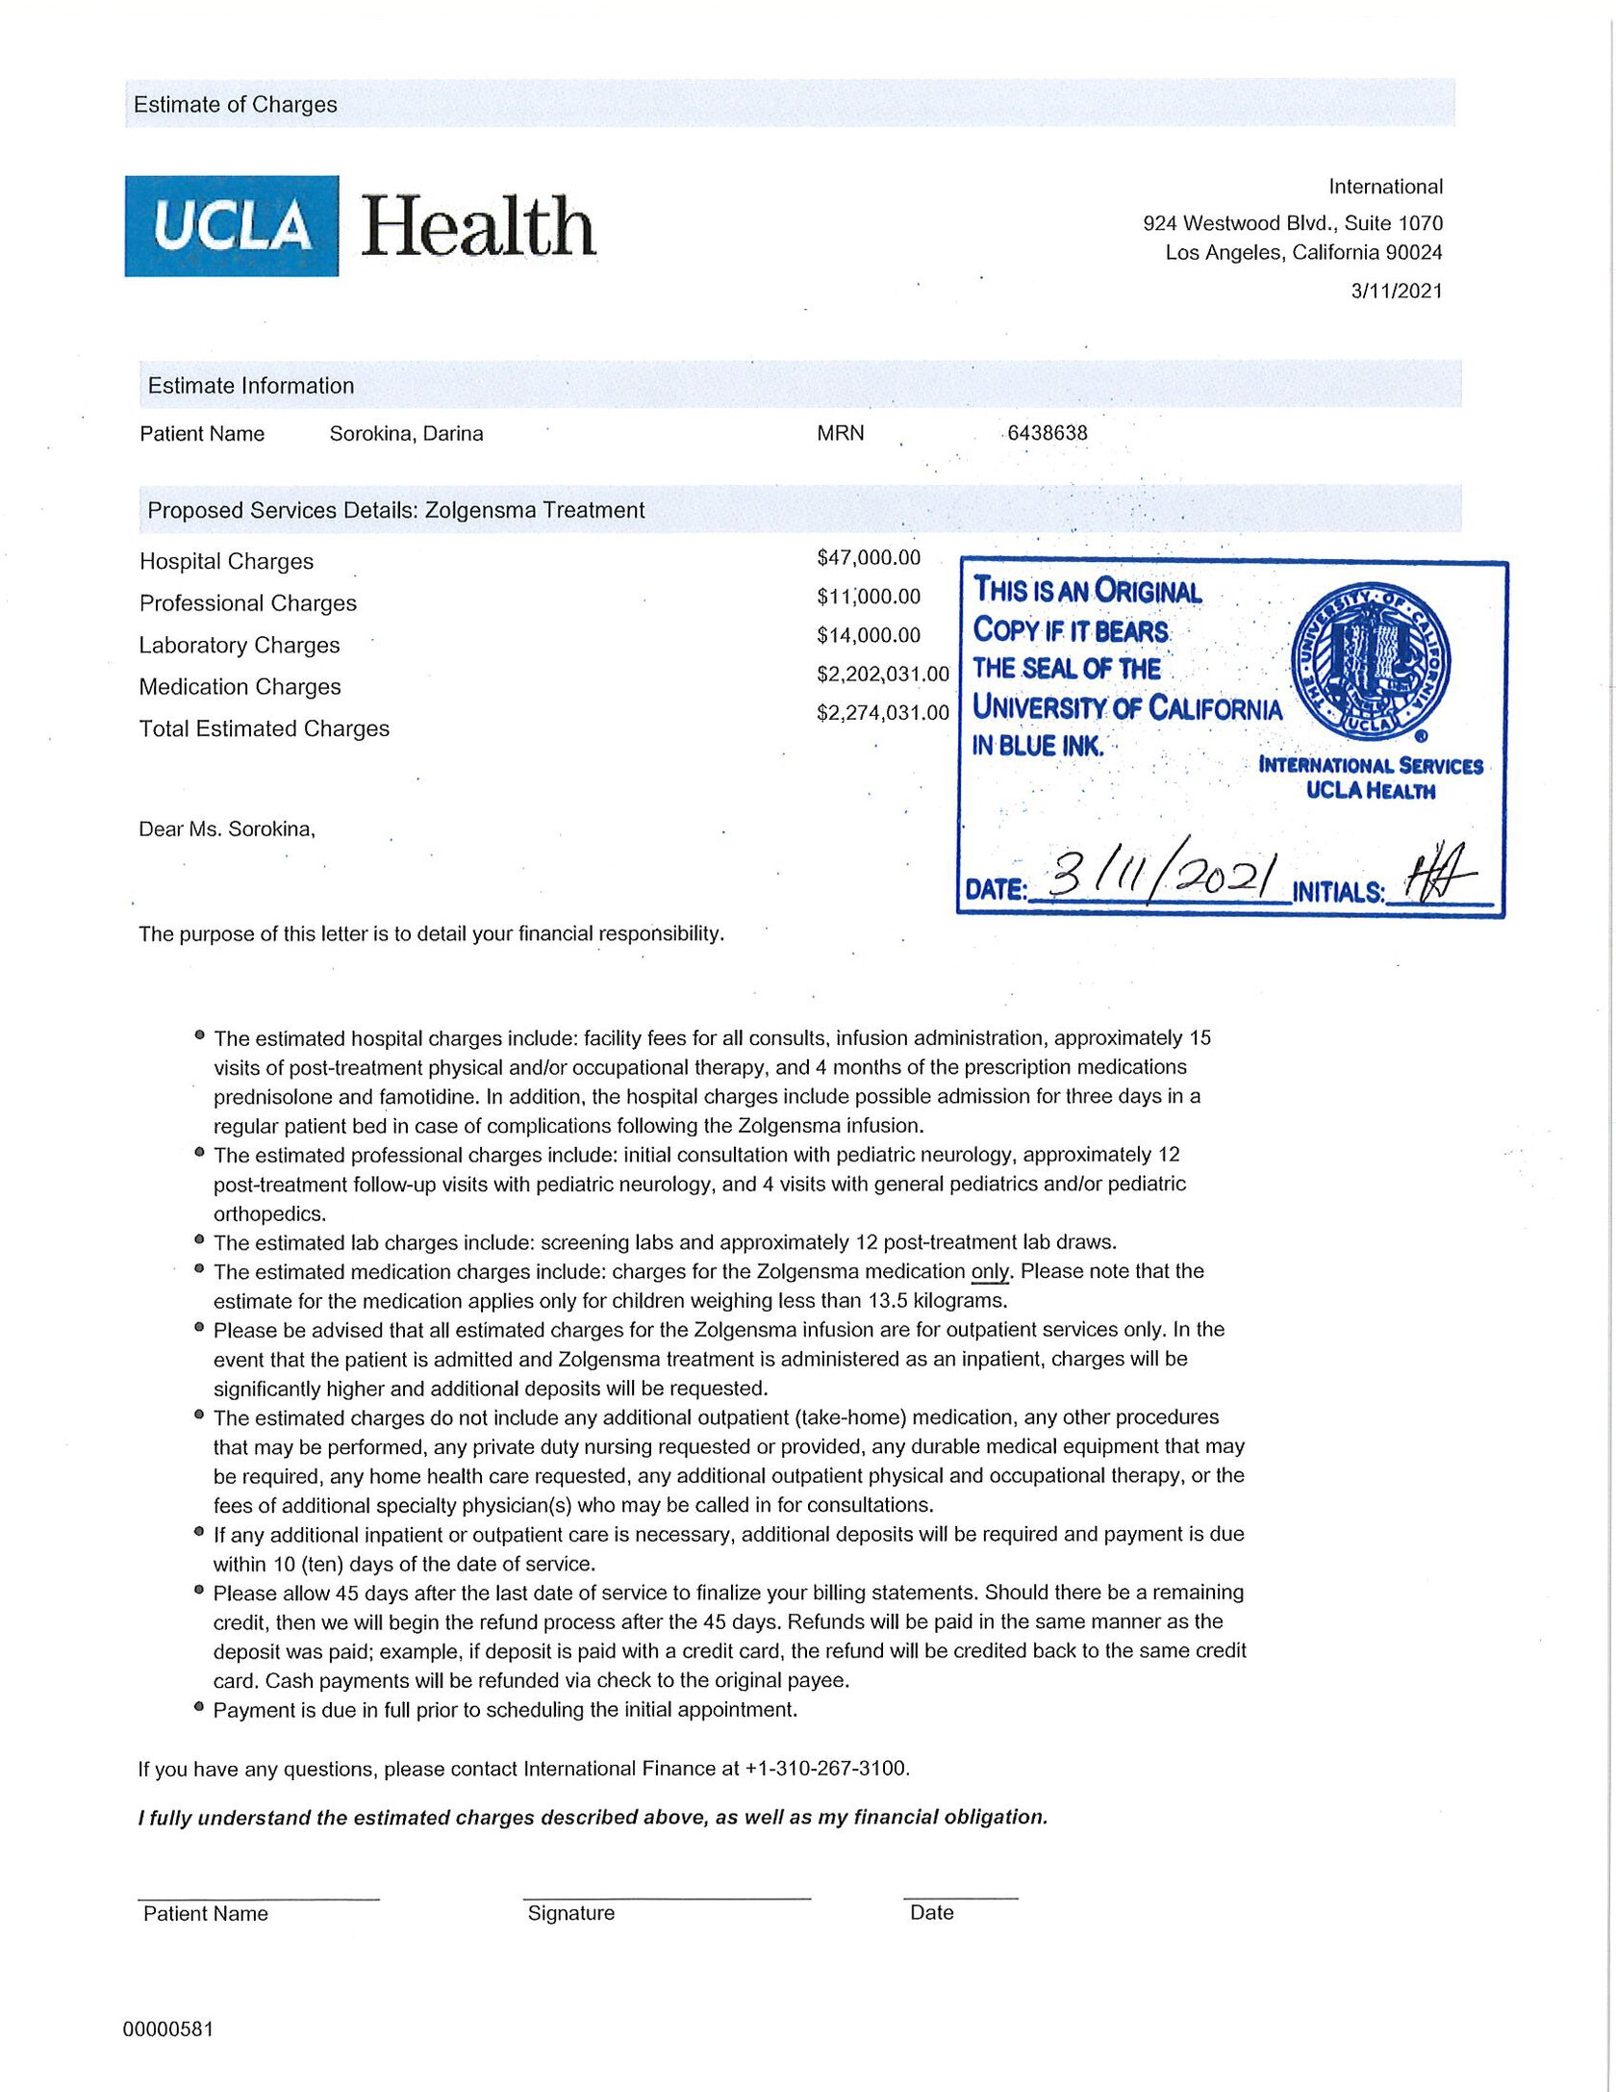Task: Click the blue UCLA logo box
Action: coord(231,226)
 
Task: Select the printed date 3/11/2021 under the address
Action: coord(1397,291)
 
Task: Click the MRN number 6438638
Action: coord(1048,433)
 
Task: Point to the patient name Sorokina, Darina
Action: coord(406,434)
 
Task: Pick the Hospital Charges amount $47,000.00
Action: coord(869,558)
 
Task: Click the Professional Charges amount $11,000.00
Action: coord(869,597)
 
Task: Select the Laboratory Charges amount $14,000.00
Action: coord(869,635)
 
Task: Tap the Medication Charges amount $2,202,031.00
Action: coord(882,675)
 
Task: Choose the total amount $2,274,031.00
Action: coord(882,713)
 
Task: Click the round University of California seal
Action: coord(1371,664)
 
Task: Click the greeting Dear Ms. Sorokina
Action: coord(227,829)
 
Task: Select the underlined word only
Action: coord(990,1272)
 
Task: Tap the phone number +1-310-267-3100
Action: coord(826,1769)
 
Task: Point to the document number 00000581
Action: coord(168,2029)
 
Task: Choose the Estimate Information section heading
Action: coord(251,386)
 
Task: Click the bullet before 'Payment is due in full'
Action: coord(199,1708)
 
